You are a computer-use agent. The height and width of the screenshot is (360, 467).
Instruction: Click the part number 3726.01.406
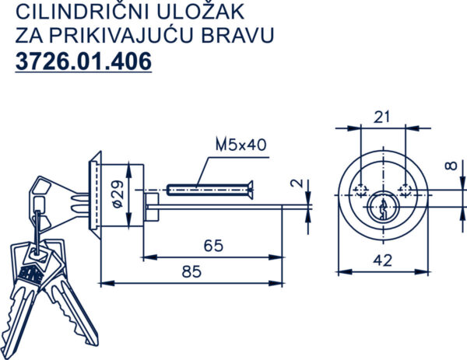[x=84, y=61]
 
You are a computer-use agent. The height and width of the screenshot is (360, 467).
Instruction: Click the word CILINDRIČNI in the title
[x=83, y=11]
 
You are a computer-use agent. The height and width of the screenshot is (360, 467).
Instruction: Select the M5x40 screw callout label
[x=241, y=145]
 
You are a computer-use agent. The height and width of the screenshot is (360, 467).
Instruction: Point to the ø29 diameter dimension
[x=118, y=194]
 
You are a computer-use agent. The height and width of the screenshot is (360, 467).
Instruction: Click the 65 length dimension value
[x=213, y=246]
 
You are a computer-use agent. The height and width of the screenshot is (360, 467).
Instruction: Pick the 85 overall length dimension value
[x=191, y=271]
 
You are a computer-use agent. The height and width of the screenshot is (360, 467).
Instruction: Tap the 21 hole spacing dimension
[x=381, y=117]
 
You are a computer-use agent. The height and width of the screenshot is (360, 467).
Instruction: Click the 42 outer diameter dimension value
[x=383, y=260]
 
